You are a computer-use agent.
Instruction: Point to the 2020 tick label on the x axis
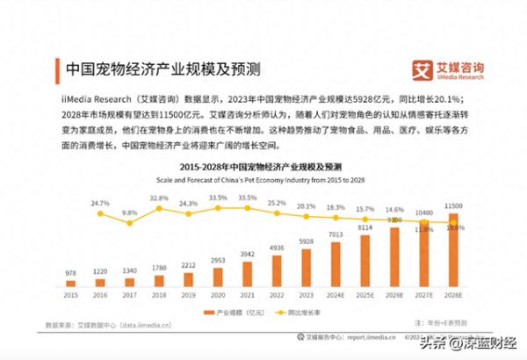(217, 294)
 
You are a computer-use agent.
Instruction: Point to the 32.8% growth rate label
(159, 198)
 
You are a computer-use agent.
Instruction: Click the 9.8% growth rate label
(130, 212)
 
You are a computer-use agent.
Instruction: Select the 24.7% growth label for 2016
(100, 203)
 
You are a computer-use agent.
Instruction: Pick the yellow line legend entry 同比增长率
(295, 312)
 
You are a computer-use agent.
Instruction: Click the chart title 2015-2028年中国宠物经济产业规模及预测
(261, 166)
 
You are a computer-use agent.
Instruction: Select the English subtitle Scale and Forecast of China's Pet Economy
(261, 179)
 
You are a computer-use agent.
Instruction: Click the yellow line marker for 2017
(130, 223)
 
